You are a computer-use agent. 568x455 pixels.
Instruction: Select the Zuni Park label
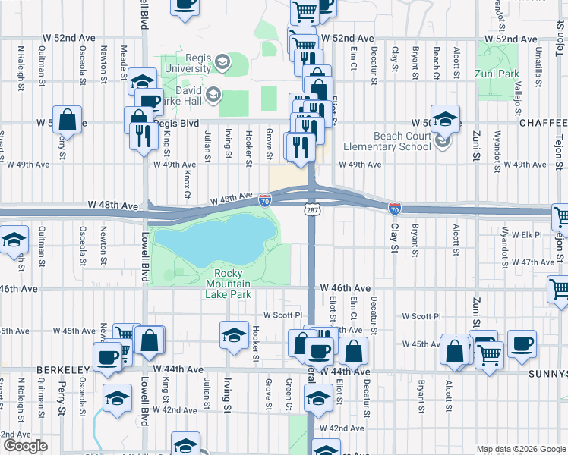click(496, 74)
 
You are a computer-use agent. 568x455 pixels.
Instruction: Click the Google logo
click(25, 446)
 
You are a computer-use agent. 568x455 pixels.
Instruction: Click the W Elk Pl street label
click(525, 234)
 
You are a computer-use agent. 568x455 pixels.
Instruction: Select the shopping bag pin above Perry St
click(68, 121)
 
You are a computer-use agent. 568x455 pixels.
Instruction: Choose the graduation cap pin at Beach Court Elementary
click(445, 118)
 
